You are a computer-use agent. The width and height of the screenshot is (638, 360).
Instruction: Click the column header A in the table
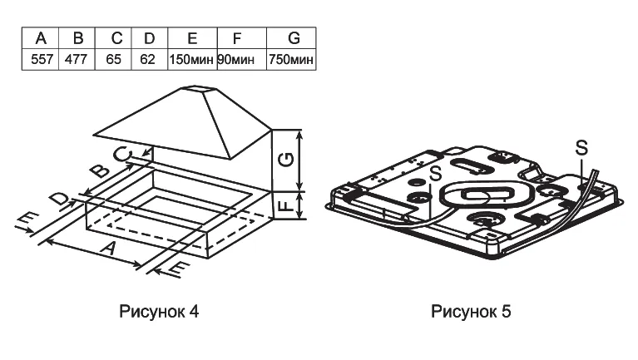(x=40, y=38)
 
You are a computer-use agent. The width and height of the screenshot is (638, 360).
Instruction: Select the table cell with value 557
(x=40, y=59)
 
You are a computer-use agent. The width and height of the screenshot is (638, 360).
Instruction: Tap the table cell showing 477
(x=77, y=59)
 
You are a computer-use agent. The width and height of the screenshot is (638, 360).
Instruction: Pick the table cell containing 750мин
(x=291, y=59)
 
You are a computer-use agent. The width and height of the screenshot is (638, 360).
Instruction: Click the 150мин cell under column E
(x=192, y=59)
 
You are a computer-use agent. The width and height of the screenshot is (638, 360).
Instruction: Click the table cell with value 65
(x=113, y=59)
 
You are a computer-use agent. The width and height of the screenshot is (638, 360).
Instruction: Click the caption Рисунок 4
(x=159, y=312)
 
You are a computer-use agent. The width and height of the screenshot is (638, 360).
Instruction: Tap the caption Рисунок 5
(x=471, y=312)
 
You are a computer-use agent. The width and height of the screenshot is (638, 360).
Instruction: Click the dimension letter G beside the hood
(x=286, y=159)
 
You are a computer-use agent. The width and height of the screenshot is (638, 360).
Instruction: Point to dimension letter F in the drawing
(x=287, y=205)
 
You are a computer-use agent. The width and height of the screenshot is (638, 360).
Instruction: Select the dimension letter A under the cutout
(x=109, y=247)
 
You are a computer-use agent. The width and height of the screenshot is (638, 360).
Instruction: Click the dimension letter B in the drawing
(x=100, y=170)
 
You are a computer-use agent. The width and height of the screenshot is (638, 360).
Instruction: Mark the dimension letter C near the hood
(x=123, y=154)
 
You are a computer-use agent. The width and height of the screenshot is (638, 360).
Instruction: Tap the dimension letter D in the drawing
(x=58, y=200)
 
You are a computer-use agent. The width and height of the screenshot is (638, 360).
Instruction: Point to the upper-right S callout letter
(x=581, y=147)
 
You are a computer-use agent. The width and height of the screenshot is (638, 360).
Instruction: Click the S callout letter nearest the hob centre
(x=436, y=173)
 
